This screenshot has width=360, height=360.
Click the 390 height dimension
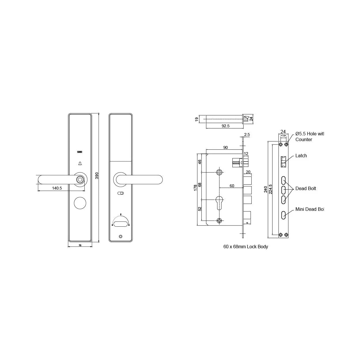click(x=97, y=176)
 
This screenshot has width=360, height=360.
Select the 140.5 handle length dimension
click(x=57, y=188)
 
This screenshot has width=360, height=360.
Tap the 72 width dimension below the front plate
click(x=80, y=245)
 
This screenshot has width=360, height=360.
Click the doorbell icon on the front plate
click(x=80, y=164)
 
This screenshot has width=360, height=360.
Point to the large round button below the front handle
click(x=80, y=203)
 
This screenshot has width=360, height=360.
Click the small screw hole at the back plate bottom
click(x=121, y=237)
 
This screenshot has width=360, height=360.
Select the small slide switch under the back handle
click(x=121, y=193)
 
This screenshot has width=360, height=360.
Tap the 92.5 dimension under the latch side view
click(x=225, y=126)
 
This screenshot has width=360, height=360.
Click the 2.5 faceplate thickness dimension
click(x=247, y=134)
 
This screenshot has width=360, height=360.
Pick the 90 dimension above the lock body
click(x=225, y=147)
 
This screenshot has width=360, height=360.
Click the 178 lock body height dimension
click(x=196, y=188)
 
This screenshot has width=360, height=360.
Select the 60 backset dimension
click(x=232, y=186)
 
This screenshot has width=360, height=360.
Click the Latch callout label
click(x=301, y=156)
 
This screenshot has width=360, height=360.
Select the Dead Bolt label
click(x=306, y=188)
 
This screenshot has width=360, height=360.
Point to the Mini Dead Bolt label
click(x=310, y=209)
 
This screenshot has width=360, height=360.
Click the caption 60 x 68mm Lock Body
click(x=246, y=247)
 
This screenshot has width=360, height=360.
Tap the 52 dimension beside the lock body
click(x=200, y=209)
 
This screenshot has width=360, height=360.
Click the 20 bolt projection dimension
click(x=248, y=172)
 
